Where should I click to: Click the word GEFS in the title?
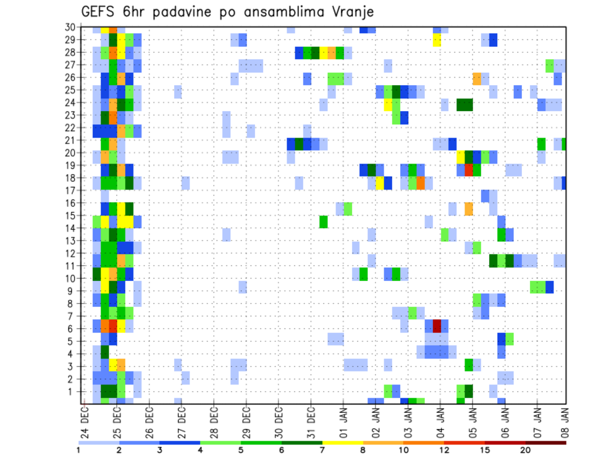pyautogui.click(x=100, y=12)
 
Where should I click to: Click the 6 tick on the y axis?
pyautogui.click(x=72, y=328)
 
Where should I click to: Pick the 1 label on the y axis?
pyautogui.click(x=72, y=391)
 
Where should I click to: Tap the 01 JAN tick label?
pyautogui.click(x=343, y=424)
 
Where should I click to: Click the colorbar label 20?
pyautogui.click(x=526, y=450)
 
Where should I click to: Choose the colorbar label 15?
pyautogui.click(x=486, y=450)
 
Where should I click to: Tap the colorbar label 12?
pyautogui.click(x=445, y=450)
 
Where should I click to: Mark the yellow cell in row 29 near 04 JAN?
pyautogui.click(x=437, y=40)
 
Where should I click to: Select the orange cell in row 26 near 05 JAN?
pyautogui.click(x=477, y=78)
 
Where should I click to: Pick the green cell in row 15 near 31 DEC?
pyautogui.click(x=324, y=221)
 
